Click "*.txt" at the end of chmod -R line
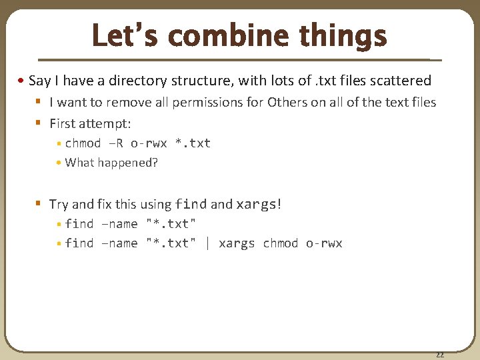(x=192, y=143)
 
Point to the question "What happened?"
(x=111, y=163)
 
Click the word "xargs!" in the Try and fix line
(x=259, y=204)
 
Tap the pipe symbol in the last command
(x=207, y=243)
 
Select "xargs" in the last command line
(x=237, y=243)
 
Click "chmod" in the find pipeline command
(x=280, y=243)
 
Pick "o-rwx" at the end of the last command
(x=324, y=243)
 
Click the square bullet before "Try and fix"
(x=39, y=204)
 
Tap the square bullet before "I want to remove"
(x=39, y=102)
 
